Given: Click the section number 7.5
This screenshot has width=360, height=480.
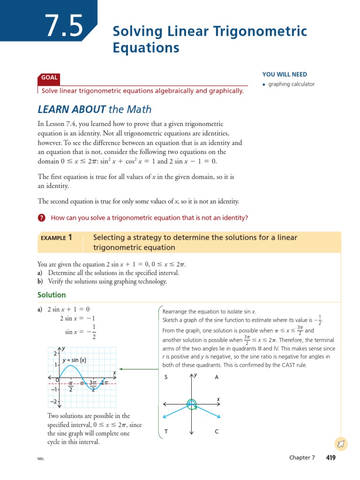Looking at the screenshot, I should click(x=64, y=26).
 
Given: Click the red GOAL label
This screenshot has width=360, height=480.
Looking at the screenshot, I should click(x=49, y=78).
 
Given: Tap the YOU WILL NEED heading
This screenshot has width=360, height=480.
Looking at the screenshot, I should click(x=285, y=74).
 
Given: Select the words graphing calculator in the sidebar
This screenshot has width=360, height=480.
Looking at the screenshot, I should click(x=291, y=84).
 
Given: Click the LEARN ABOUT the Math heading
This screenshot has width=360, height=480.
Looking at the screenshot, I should click(x=95, y=110).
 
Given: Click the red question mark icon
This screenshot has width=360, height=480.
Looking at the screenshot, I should click(x=42, y=218).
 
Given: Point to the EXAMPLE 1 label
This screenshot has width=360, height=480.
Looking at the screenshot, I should click(x=56, y=238).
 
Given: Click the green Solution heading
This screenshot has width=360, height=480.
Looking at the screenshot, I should click(x=52, y=295).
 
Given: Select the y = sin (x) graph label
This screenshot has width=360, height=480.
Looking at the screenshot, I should click(x=75, y=360).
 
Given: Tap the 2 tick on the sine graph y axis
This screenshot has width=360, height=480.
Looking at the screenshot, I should click(x=55, y=353).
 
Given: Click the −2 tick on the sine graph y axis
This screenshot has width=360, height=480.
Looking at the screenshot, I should click(x=54, y=402).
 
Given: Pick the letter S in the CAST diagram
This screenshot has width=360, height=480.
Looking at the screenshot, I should click(x=166, y=377).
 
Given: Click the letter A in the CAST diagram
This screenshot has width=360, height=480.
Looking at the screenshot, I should click(x=216, y=377).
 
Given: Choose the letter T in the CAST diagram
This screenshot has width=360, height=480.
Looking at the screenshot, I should click(x=166, y=432).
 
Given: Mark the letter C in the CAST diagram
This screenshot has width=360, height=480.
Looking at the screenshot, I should click(x=216, y=432).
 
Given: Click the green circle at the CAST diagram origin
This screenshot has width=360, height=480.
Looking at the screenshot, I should click(x=191, y=404).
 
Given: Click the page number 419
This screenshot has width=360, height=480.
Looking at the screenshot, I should click(x=330, y=457).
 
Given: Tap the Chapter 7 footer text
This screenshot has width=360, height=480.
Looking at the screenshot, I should click(x=302, y=457).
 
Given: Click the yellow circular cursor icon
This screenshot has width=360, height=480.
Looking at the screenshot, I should click(x=341, y=443).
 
